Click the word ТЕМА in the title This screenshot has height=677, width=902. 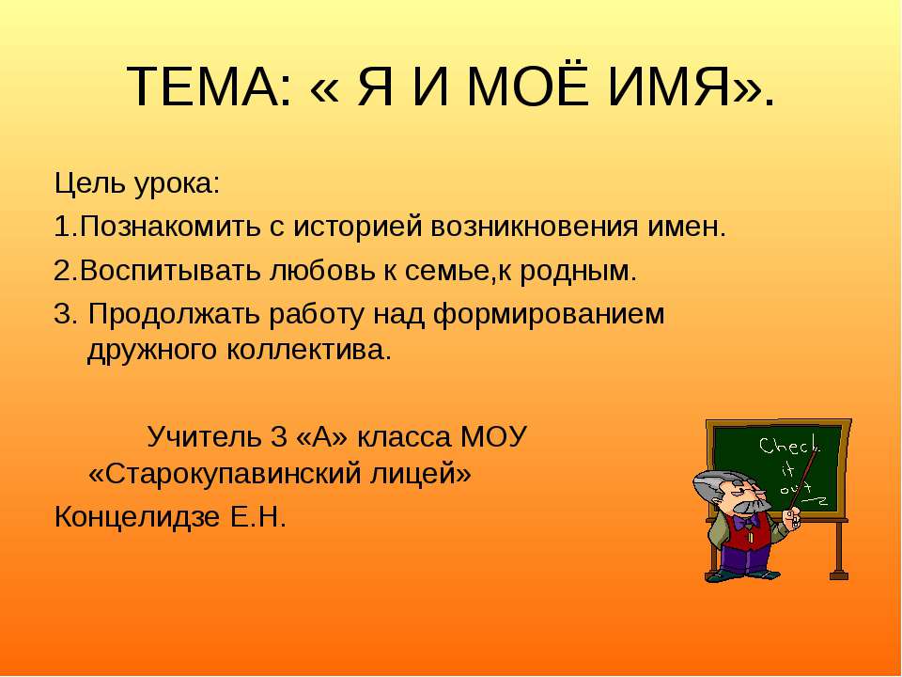coord(200,88)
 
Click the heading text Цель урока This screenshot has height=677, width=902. coord(137,181)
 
